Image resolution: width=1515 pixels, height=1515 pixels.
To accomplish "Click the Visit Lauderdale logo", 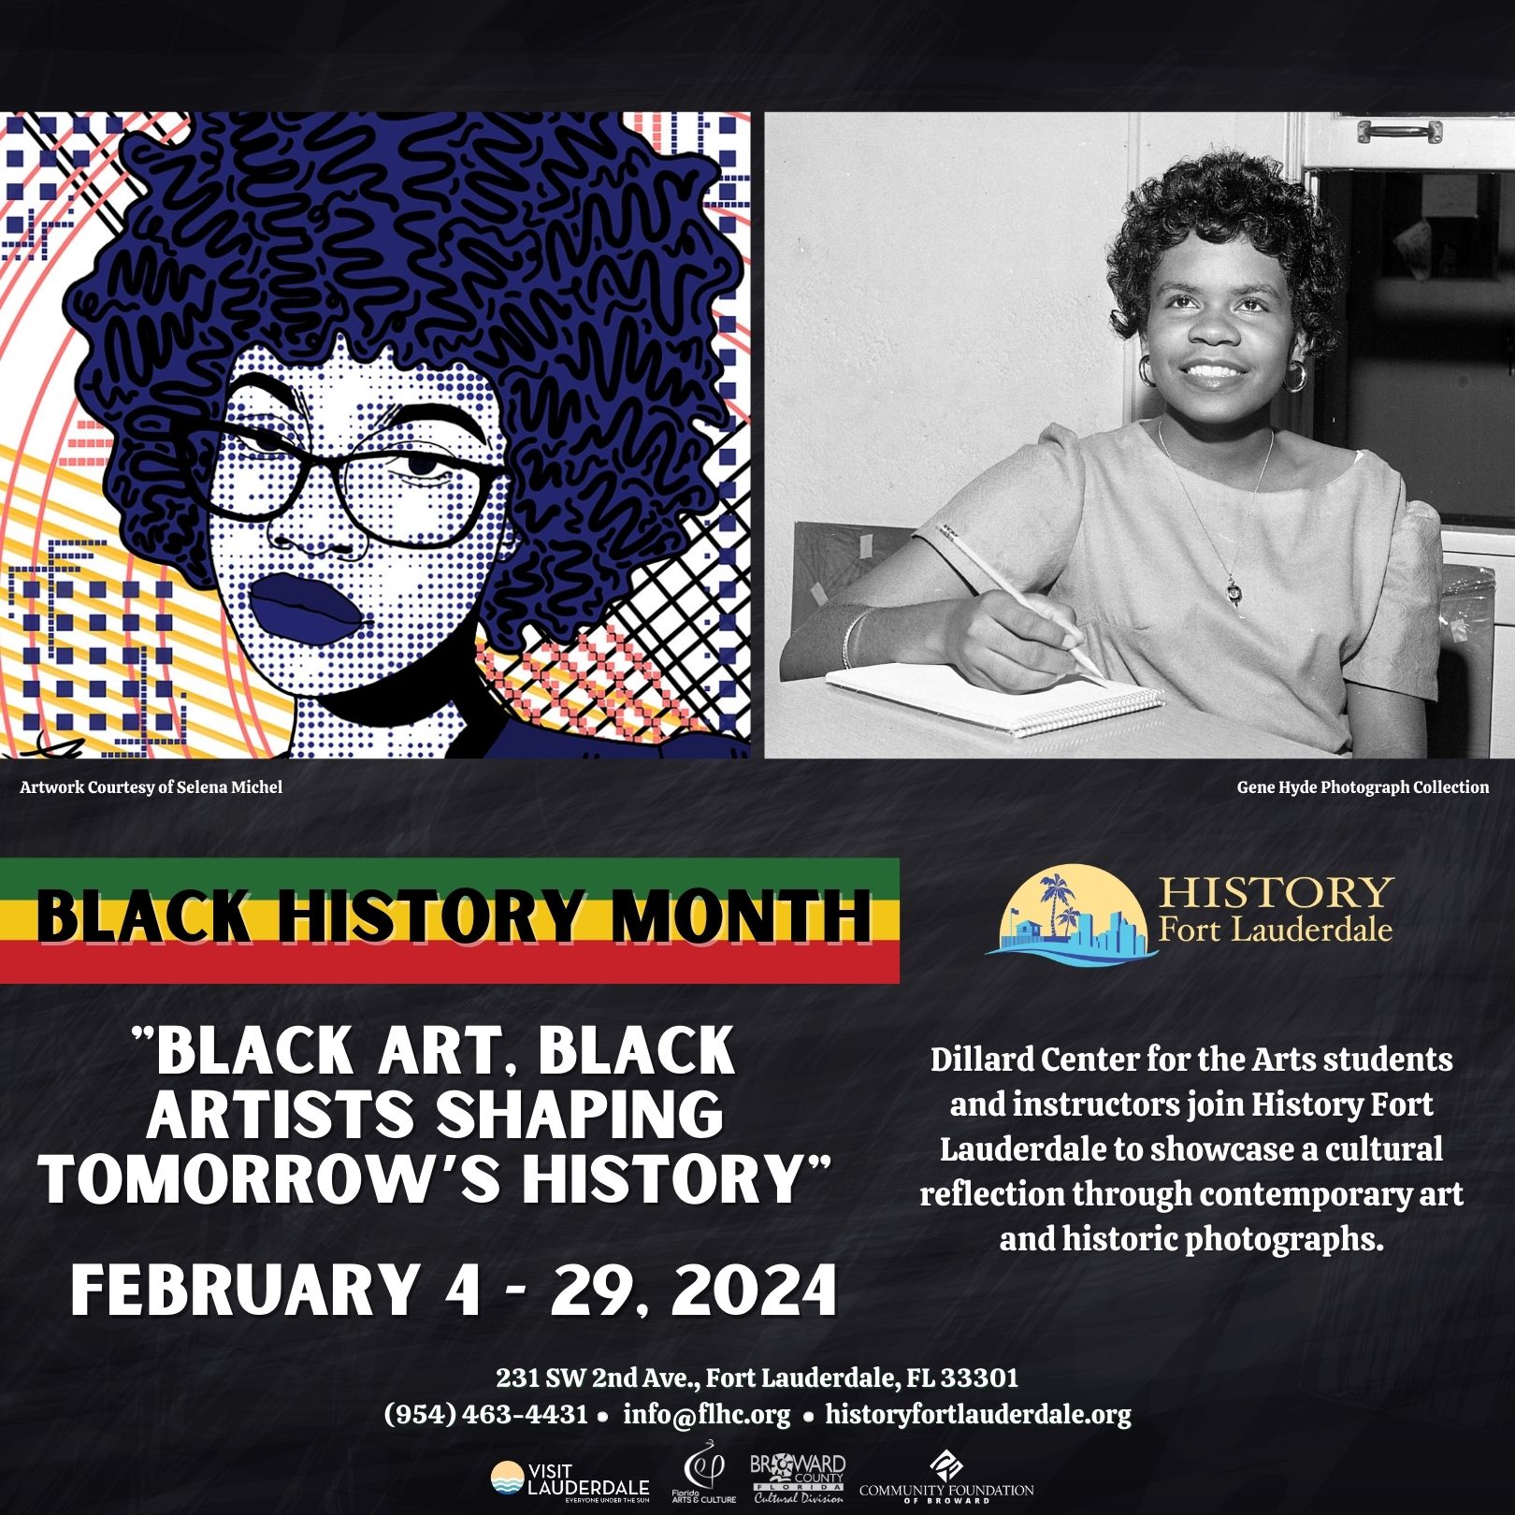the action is click(x=570, y=1482).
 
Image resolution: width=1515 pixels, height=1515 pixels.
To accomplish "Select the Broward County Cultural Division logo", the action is click(x=798, y=1479).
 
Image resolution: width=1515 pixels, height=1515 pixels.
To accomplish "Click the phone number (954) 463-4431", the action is click(x=485, y=1414).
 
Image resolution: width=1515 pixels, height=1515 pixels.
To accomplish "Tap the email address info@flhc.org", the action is click(x=706, y=1414).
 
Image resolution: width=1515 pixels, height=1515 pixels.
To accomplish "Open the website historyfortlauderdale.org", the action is click(x=977, y=1414).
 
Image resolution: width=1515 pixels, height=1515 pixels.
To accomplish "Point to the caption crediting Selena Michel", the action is click(x=151, y=787).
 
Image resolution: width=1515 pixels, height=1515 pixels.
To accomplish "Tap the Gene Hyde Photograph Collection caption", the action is click(x=1363, y=787).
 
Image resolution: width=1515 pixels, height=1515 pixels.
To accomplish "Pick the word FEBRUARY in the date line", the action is click(x=243, y=1291).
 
